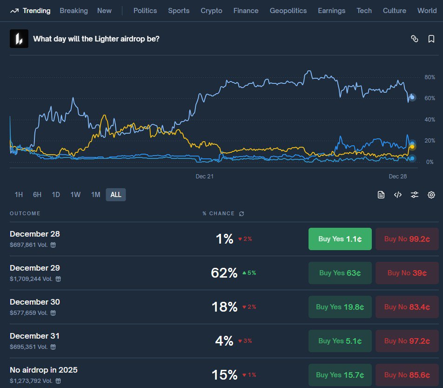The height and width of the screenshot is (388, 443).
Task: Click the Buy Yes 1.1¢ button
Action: click(x=340, y=239)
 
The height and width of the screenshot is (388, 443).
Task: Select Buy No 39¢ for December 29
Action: click(x=407, y=273)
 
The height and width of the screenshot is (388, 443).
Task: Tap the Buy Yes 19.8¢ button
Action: click(x=340, y=307)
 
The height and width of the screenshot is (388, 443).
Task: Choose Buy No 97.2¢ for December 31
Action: click(x=407, y=341)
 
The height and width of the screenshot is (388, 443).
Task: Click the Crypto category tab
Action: click(x=211, y=11)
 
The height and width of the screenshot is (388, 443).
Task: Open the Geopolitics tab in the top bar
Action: click(x=288, y=11)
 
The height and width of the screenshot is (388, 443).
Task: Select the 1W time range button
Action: click(x=75, y=195)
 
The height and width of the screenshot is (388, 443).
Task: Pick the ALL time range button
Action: click(x=116, y=195)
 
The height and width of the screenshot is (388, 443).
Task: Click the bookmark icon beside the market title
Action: click(x=431, y=39)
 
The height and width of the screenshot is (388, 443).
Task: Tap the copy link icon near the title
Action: click(x=415, y=39)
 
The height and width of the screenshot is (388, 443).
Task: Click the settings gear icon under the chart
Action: click(x=431, y=195)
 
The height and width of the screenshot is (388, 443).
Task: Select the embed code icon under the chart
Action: click(x=398, y=195)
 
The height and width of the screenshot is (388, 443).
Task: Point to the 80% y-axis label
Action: click(x=430, y=77)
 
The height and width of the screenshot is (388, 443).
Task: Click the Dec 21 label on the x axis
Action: click(x=205, y=177)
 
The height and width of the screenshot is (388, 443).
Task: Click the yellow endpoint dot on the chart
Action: click(x=412, y=146)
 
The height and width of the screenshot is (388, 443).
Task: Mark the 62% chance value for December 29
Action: click(x=224, y=273)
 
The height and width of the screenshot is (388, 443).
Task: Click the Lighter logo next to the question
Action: click(x=19, y=39)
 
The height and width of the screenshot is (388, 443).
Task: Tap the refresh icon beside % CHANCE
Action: click(x=242, y=213)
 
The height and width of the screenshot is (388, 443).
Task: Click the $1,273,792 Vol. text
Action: click(x=31, y=381)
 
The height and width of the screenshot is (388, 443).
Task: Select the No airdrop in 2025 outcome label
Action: click(x=44, y=370)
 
